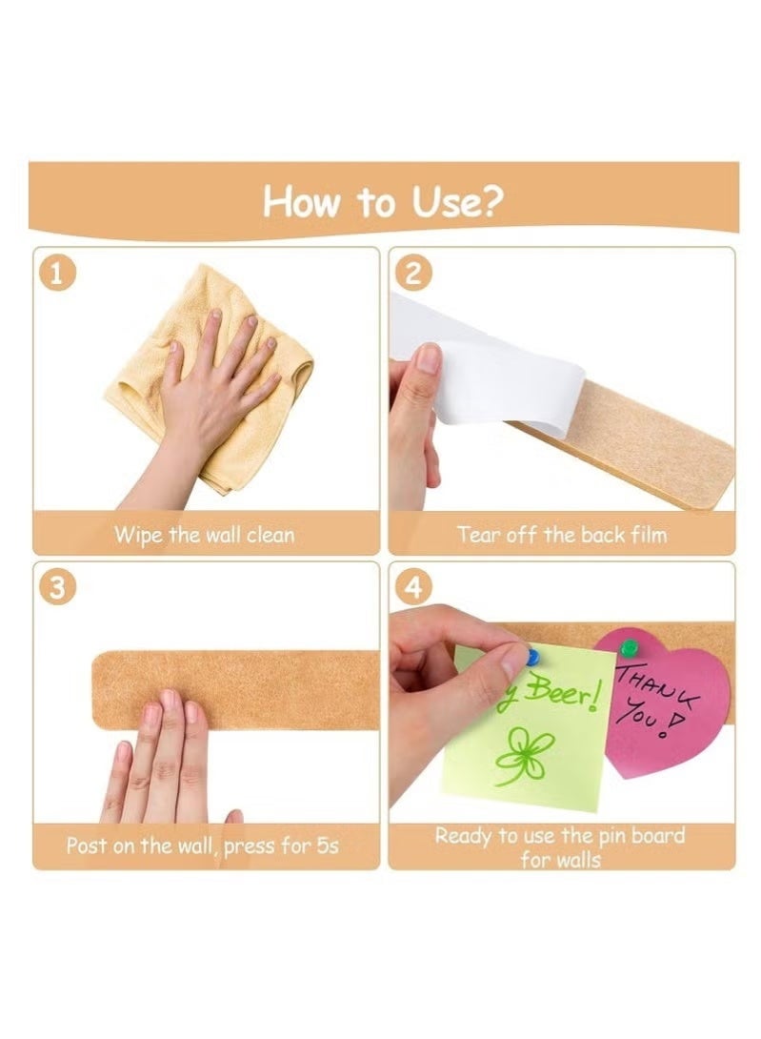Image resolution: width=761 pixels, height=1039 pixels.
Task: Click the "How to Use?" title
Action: coord(383,202)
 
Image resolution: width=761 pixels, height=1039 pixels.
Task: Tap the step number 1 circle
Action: coord(59,275)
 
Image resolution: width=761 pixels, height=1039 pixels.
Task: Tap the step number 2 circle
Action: coord(413,275)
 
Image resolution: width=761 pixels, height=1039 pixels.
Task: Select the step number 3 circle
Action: coord(59,588)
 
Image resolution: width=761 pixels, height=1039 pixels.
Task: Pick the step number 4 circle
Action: coord(413,588)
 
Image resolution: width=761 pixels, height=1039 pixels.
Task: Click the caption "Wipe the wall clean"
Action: coord(205,535)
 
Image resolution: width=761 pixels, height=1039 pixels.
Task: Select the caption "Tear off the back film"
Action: coord(561,535)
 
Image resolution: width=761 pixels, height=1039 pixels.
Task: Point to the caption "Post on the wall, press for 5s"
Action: coord(202,845)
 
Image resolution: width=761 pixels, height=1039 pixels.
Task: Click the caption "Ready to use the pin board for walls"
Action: coord(560,847)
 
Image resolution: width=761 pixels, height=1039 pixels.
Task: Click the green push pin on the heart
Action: coord(627,648)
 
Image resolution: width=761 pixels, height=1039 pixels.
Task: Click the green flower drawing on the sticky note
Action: coord(522,755)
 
